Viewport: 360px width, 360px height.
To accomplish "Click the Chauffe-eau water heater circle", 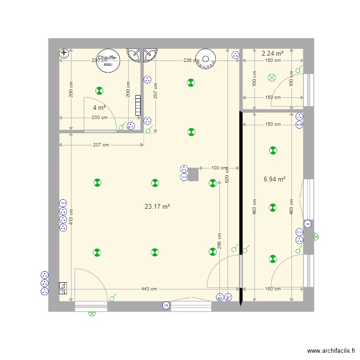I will [x=108, y=61].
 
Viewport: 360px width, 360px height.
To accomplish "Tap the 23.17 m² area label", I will [x=157, y=207].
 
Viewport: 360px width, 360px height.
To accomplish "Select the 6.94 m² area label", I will [x=275, y=179].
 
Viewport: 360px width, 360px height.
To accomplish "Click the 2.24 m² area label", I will [x=272, y=53].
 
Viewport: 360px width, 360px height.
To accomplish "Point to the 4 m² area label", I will [x=99, y=108].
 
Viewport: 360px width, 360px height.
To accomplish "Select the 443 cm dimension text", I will [x=149, y=289].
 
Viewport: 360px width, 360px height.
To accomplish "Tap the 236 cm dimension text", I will [x=191, y=60].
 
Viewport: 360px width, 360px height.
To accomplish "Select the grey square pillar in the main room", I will [x=193, y=174].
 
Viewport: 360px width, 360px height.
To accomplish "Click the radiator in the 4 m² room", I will [x=138, y=105].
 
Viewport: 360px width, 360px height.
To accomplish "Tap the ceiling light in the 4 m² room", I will [x=99, y=90].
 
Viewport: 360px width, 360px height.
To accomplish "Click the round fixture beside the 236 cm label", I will [x=206, y=59].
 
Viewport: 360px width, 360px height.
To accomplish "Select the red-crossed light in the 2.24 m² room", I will [x=272, y=77].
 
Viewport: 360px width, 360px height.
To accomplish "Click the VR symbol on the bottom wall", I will [x=166, y=305].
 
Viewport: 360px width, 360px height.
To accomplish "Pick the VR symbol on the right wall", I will [x=308, y=224].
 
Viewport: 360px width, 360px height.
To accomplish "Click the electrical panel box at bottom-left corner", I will [x=62, y=288].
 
